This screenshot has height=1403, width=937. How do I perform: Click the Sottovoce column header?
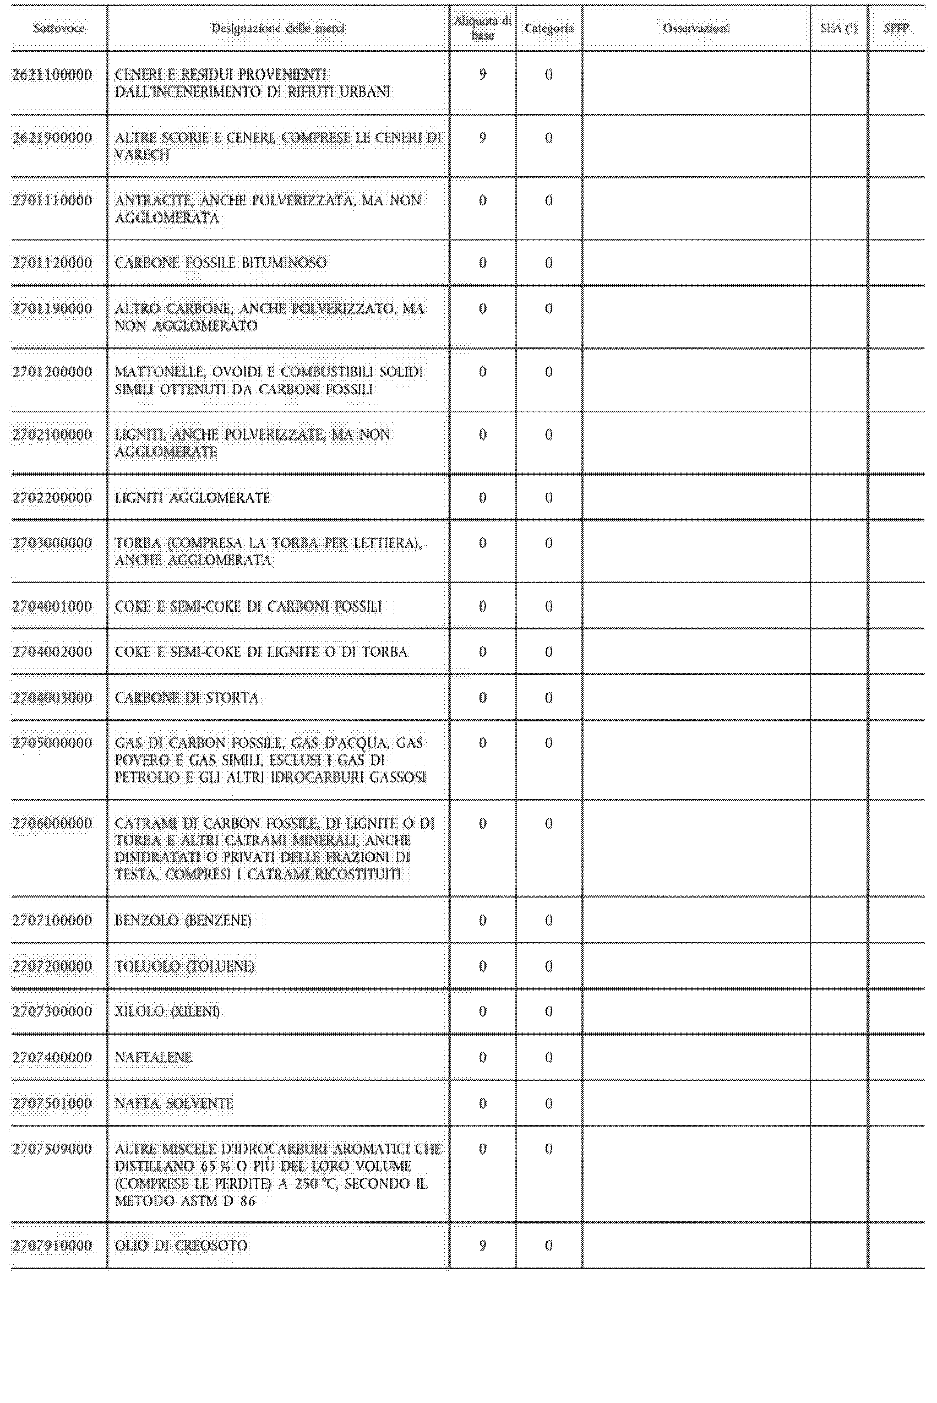[58, 28]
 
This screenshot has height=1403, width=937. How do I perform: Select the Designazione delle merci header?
[278, 28]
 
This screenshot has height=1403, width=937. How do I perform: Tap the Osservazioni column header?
[696, 28]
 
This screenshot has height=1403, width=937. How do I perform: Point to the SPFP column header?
[896, 28]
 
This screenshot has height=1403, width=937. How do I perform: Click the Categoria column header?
[548, 28]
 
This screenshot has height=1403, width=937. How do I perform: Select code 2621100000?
[53, 75]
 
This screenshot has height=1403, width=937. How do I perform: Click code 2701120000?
[53, 263]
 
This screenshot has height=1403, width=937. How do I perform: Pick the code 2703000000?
[53, 543]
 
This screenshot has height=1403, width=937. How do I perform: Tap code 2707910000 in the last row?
[53, 1246]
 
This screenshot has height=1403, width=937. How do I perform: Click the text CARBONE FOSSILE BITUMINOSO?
[221, 263]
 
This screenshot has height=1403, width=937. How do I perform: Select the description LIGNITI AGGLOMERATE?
[193, 498]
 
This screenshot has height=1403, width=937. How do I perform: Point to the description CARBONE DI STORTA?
[187, 698]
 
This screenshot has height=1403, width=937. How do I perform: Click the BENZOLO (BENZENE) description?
[183, 921]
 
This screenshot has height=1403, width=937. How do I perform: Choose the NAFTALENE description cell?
[154, 1058]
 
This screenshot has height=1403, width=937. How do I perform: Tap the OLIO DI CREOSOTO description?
[181, 1246]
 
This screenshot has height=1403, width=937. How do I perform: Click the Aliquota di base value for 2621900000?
[482, 138]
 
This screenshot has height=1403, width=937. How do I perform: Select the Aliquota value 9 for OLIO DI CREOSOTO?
[482, 1246]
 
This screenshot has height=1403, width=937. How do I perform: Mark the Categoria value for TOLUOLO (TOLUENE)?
[548, 967]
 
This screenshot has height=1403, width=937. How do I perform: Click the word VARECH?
[142, 155]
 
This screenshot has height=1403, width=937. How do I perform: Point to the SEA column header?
[838, 28]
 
